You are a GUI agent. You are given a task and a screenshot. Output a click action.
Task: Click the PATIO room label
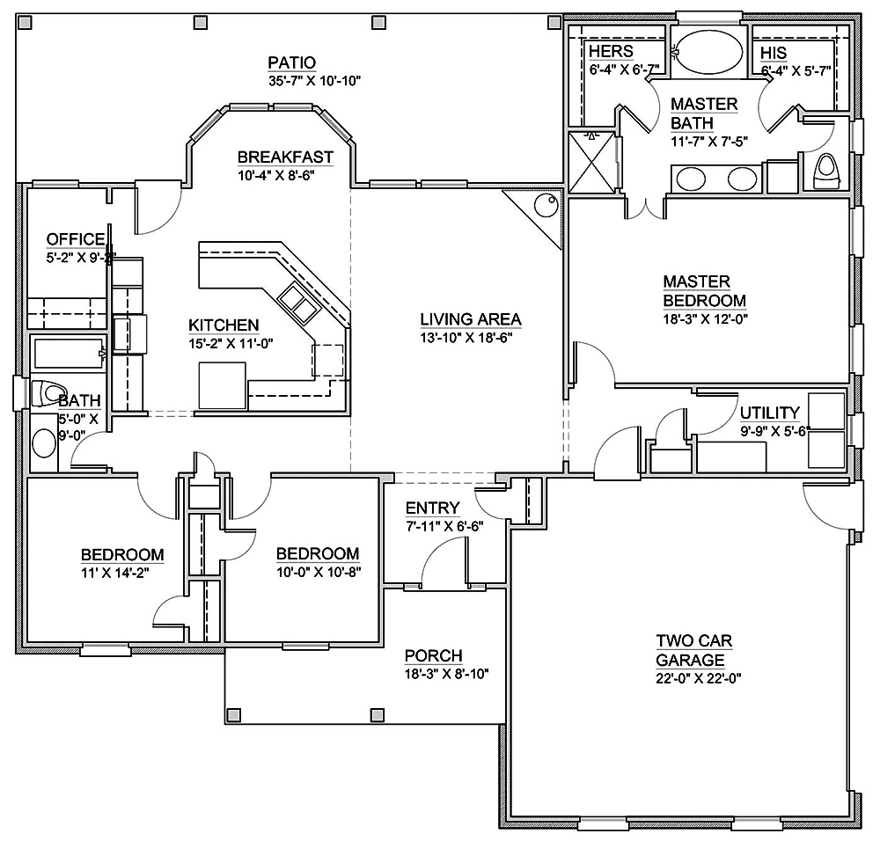(291, 62)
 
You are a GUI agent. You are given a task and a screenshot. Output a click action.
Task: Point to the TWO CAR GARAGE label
(693, 650)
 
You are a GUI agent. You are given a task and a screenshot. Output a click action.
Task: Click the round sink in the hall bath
(42, 443)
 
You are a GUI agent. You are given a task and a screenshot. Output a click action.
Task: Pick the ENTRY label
(432, 508)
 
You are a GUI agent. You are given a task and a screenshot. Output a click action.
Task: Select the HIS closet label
(773, 52)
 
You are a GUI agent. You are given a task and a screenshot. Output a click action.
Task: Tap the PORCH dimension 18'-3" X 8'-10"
(446, 674)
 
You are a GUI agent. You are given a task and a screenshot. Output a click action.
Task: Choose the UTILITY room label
(769, 413)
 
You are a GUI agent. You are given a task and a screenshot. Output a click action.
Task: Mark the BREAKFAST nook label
(285, 157)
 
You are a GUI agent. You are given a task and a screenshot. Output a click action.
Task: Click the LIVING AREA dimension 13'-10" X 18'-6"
(470, 337)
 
